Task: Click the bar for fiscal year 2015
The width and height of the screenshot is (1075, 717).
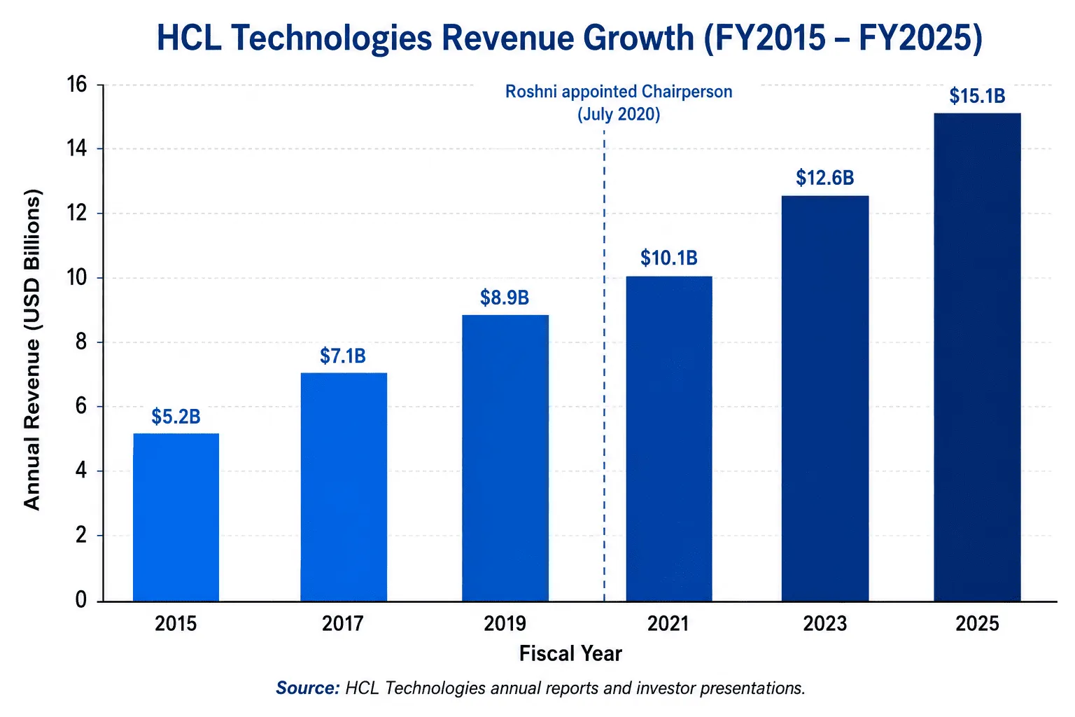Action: click(176, 517)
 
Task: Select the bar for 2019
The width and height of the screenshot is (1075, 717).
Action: click(505, 458)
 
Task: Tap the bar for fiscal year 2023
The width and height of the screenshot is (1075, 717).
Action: click(825, 398)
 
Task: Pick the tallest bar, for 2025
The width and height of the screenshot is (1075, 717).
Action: click(977, 357)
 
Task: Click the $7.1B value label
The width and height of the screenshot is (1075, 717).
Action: click(343, 356)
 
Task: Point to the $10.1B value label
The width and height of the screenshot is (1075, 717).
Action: click(669, 258)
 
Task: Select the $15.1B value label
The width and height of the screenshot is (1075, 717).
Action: click(977, 96)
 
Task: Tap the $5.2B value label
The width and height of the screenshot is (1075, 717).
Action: click(176, 417)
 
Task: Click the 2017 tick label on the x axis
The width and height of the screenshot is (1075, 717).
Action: click(343, 624)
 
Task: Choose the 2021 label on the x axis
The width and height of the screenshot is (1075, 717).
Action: click(668, 624)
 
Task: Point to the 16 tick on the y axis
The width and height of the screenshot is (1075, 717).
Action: click(77, 85)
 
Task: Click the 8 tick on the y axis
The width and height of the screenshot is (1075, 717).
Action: click(81, 342)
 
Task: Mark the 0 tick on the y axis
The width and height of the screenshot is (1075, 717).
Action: click(81, 600)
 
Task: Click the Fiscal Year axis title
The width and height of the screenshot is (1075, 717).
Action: click(570, 654)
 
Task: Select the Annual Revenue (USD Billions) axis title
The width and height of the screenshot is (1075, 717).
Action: click(32, 349)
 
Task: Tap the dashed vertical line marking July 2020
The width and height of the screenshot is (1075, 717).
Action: click(604, 365)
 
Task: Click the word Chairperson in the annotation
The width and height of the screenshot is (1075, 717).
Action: click(687, 91)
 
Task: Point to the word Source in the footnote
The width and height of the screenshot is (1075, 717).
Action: click(308, 688)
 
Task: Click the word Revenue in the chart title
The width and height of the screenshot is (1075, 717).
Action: click(507, 38)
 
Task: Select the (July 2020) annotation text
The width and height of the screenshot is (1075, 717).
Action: click(619, 114)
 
